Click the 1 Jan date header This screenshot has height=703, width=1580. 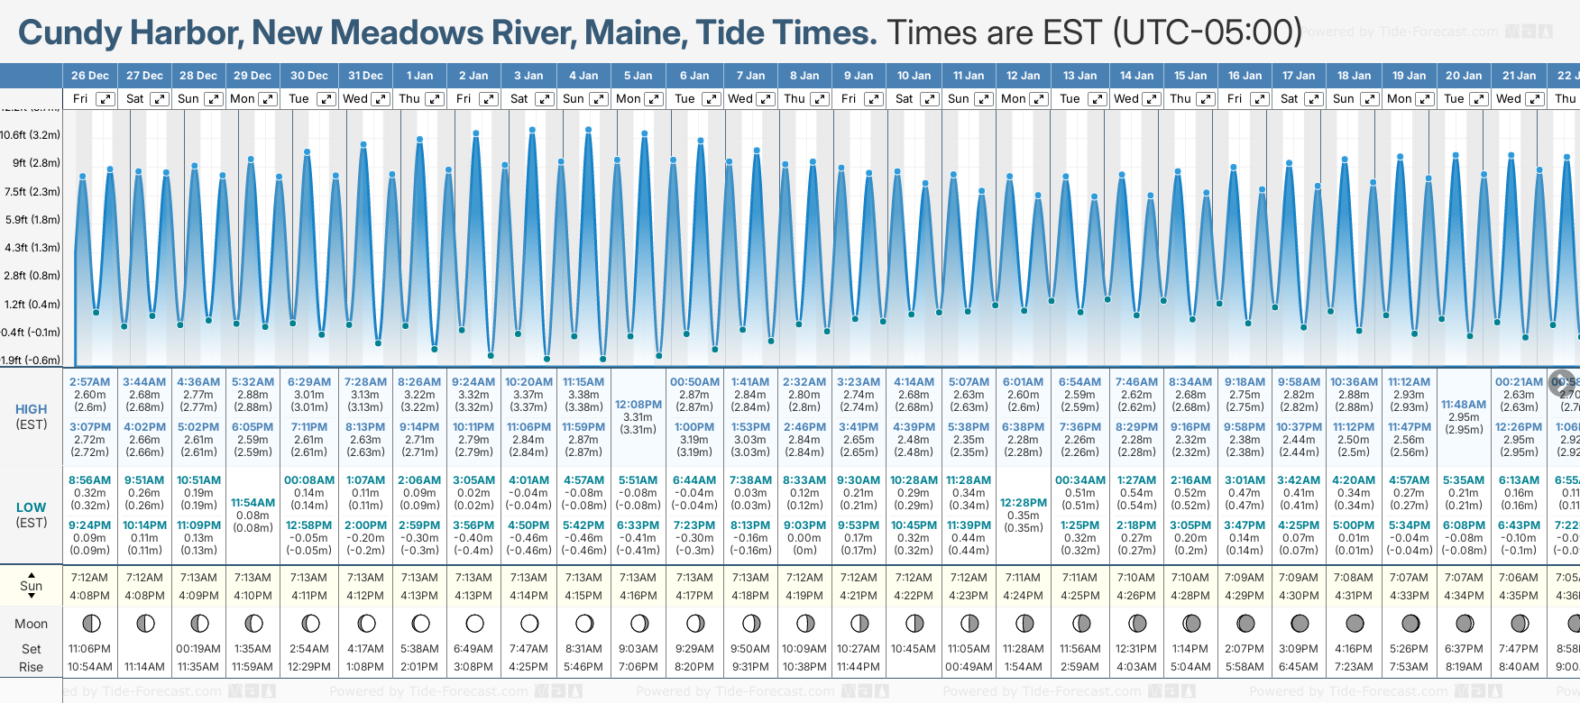tap(419, 76)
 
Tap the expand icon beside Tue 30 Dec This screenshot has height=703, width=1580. tap(326, 99)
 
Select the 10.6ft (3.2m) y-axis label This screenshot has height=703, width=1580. tap(31, 135)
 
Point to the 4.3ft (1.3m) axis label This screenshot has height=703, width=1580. tap(32, 247)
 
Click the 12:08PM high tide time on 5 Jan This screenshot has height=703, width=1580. tap(638, 405)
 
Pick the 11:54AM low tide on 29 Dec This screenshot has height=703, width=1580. tap(253, 503)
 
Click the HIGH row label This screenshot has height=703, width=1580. tap(31, 409)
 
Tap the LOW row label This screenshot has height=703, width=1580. tap(31, 507)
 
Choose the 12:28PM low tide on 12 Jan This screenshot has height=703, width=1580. tap(1024, 503)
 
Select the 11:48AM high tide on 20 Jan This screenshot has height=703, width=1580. tap(1464, 405)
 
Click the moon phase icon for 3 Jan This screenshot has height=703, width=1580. tap(529, 623)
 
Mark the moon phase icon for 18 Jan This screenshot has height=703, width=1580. tap(1355, 623)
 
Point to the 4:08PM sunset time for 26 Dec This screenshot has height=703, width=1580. tap(90, 596)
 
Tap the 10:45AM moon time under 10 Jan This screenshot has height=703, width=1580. tap(914, 649)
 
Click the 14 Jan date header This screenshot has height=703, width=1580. tap(1136, 76)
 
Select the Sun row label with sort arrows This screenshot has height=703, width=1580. tap(31, 586)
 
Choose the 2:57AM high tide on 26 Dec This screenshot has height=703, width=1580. tap(90, 382)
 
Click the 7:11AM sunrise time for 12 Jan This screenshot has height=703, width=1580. tap(1024, 578)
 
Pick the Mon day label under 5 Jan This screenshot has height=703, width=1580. tap(629, 99)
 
